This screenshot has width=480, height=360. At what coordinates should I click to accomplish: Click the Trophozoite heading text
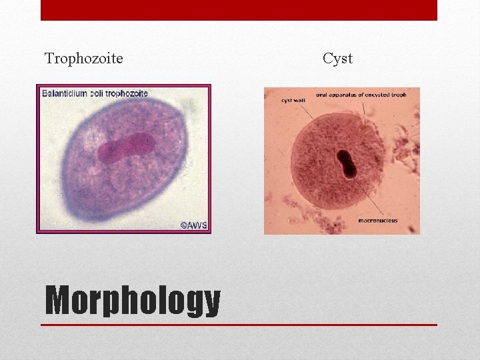click(83, 59)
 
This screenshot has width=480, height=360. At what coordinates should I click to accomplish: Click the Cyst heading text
click(337, 59)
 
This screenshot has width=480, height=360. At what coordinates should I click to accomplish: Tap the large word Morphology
click(132, 301)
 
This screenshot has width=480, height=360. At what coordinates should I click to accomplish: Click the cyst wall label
click(294, 101)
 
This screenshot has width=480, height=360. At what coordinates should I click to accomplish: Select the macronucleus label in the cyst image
click(377, 221)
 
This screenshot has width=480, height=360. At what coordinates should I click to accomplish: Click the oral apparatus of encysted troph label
click(361, 95)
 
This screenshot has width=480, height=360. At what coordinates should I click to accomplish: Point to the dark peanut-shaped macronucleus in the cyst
click(348, 165)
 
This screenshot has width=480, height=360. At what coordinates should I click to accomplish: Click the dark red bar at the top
click(239, 10)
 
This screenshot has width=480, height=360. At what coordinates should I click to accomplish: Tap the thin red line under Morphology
click(239, 325)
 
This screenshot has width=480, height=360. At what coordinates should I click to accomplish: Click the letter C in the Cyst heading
click(327, 59)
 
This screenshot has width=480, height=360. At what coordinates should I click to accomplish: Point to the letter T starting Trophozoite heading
click(48, 59)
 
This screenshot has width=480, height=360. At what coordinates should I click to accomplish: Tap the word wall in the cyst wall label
click(301, 101)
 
